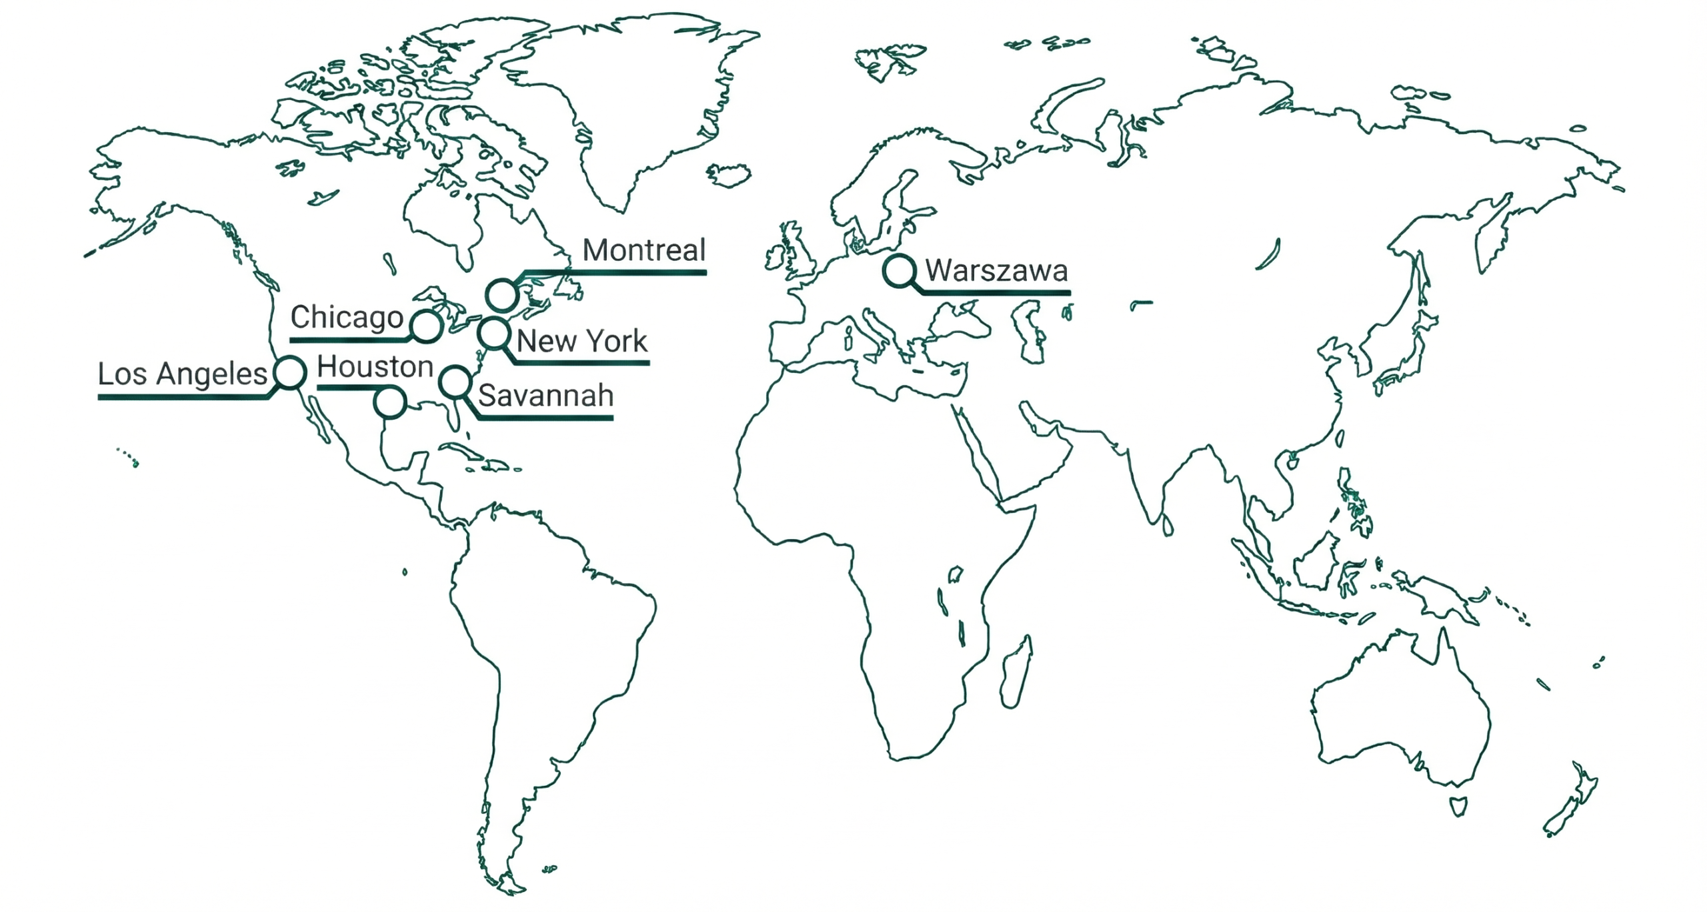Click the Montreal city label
643,250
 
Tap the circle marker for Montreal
501,295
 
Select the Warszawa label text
996,271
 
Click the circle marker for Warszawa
899,271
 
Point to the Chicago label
347,317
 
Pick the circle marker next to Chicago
427,326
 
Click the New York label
581,341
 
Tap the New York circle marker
493,334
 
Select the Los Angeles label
182,374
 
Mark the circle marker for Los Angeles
290,372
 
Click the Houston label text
375,366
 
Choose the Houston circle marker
389,402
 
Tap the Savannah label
545,396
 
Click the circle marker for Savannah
455,382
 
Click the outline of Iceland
729,175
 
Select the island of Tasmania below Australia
1458,805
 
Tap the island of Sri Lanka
1168,526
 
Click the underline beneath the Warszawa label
996,293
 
